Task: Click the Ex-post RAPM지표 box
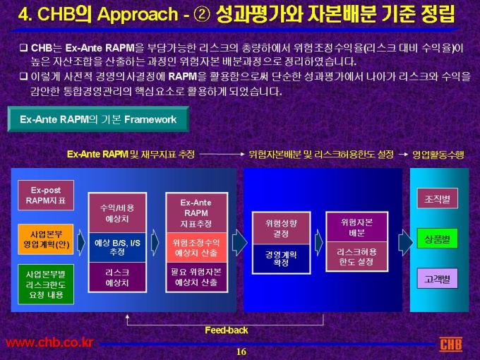click(x=46, y=196)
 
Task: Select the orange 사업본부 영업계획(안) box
click(x=46, y=239)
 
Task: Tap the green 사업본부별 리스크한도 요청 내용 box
click(x=46, y=284)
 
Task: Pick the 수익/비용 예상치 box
click(x=117, y=213)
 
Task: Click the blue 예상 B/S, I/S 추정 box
click(x=117, y=247)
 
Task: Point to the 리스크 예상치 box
click(x=117, y=277)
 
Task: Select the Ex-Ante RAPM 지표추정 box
click(x=196, y=212)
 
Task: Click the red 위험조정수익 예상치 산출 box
click(x=196, y=247)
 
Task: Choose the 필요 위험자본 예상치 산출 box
click(x=196, y=277)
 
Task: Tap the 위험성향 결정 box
click(x=282, y=228)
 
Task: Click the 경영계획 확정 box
click(x=282, y=258)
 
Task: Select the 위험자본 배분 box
click(x=357, y=227)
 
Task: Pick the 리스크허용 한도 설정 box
click(x=357, y=256)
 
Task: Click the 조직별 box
click(x=438, y=198)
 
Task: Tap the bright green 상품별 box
click(x=438, y=238)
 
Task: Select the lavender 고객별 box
click(x=438, y=278)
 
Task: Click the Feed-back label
click(x=226, y=330)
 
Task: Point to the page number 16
click(x=241, y=352)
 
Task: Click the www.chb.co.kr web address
click(x=49, y=343)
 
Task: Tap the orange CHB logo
click(x=451, y=344)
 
